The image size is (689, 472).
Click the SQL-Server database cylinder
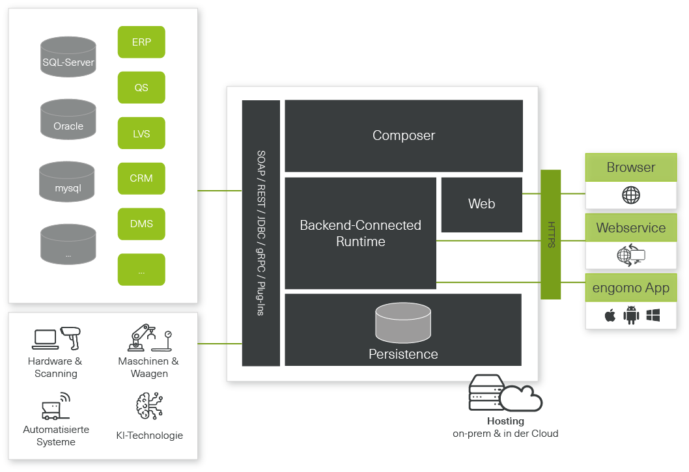(x=68, y=57)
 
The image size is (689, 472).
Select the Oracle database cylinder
(x=68, y=120)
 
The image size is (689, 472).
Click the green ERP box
(x=141, y=42)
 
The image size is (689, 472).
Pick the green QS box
(x=141, y=87)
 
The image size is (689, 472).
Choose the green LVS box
(x=141, y=133)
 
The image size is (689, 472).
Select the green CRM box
(x=141, y=178)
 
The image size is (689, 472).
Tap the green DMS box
(x=141, y=224)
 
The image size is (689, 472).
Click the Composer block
(x=404, y=135)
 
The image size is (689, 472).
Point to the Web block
(x=481, y=204)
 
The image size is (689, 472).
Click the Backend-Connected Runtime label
(x=360, y=233)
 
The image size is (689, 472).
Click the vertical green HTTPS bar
(x=551, y=234)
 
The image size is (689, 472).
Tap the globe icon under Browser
(x=630, y=195)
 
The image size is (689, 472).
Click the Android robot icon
(x=631, y=316)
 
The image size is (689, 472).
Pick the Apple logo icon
(x=610, y=316)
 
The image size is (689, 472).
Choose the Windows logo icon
(x=653, y=316)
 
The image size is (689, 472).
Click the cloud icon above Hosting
(x=521, y=398)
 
